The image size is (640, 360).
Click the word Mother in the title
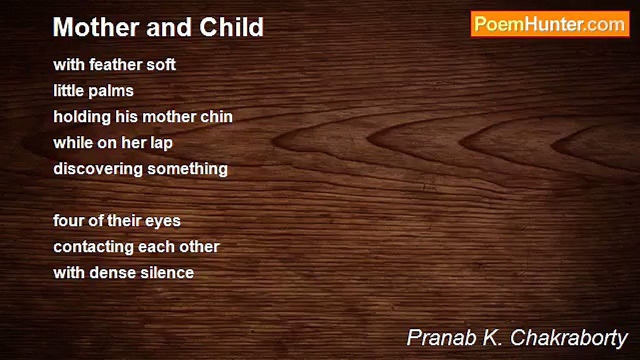coord(96,27)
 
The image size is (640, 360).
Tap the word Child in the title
coord(231,27)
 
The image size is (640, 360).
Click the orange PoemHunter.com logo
coord(550,24)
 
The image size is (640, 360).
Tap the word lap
coord(161,143)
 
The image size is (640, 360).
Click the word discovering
coord(98,169)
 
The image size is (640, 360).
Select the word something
coord(187,169)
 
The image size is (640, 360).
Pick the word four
coord(68,220)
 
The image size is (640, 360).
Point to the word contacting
coord(93,247)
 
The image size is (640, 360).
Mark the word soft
coord(161,64)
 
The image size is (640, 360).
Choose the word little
coord(68,90)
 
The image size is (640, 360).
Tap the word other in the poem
coord(199,246)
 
